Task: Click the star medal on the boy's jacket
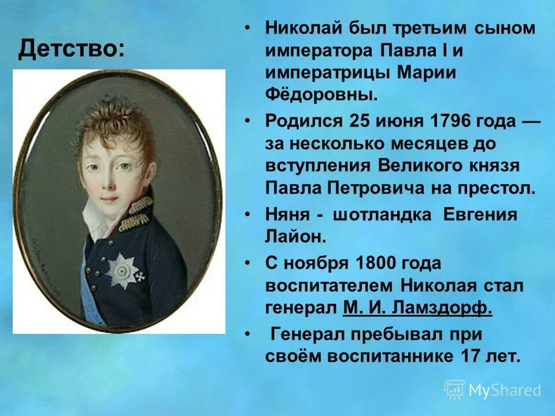pos(123,269)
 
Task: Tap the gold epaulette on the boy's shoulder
pos(137,214)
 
